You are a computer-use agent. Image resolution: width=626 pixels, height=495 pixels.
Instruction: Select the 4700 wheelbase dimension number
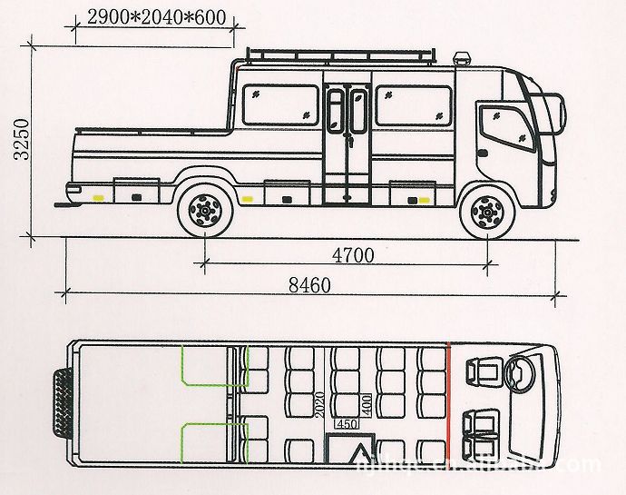(x=353, y=255)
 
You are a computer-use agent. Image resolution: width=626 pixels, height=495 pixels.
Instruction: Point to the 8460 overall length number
(x=309, y=283)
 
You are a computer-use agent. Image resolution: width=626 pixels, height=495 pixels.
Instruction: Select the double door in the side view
(x=347, y=132)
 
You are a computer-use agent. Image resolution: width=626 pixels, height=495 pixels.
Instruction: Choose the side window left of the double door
(x=282, y=105)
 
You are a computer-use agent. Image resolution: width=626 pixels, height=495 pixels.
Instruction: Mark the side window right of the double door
(x=412, y=105)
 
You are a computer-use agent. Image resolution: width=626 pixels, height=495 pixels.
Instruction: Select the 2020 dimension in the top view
(x=319, y=403)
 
